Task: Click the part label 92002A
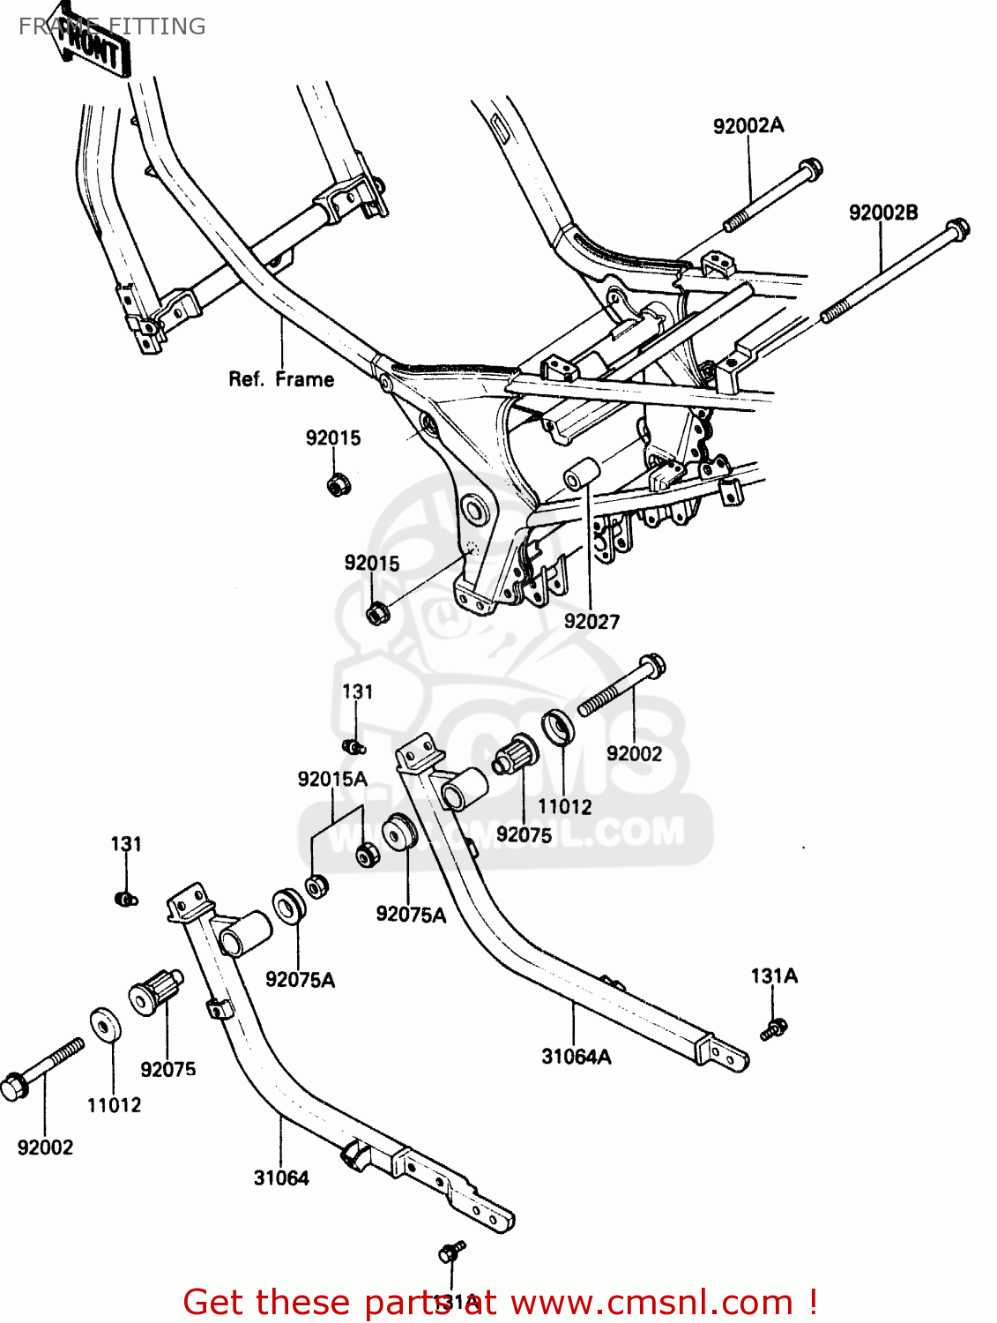tap(748, 126)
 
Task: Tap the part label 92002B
tap(882, 213)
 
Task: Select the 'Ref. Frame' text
tap(281, 379)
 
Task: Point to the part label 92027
tap(592, 622)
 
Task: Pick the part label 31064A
tap(576, 1057)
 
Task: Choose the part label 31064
tap(281, 1178)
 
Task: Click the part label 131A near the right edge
tap(774, 975)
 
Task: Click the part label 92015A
tap(331, 779)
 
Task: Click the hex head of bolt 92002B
tap(957, 228)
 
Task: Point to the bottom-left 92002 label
tap(45, 1147)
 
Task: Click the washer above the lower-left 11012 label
tap(106, 1025)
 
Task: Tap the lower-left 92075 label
tap(167, 1070)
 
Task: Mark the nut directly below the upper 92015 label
tap(336, 484)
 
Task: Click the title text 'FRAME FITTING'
tap(112, 26)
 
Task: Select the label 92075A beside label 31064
tap(300, 980)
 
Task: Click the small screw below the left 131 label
tap(125, 899)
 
